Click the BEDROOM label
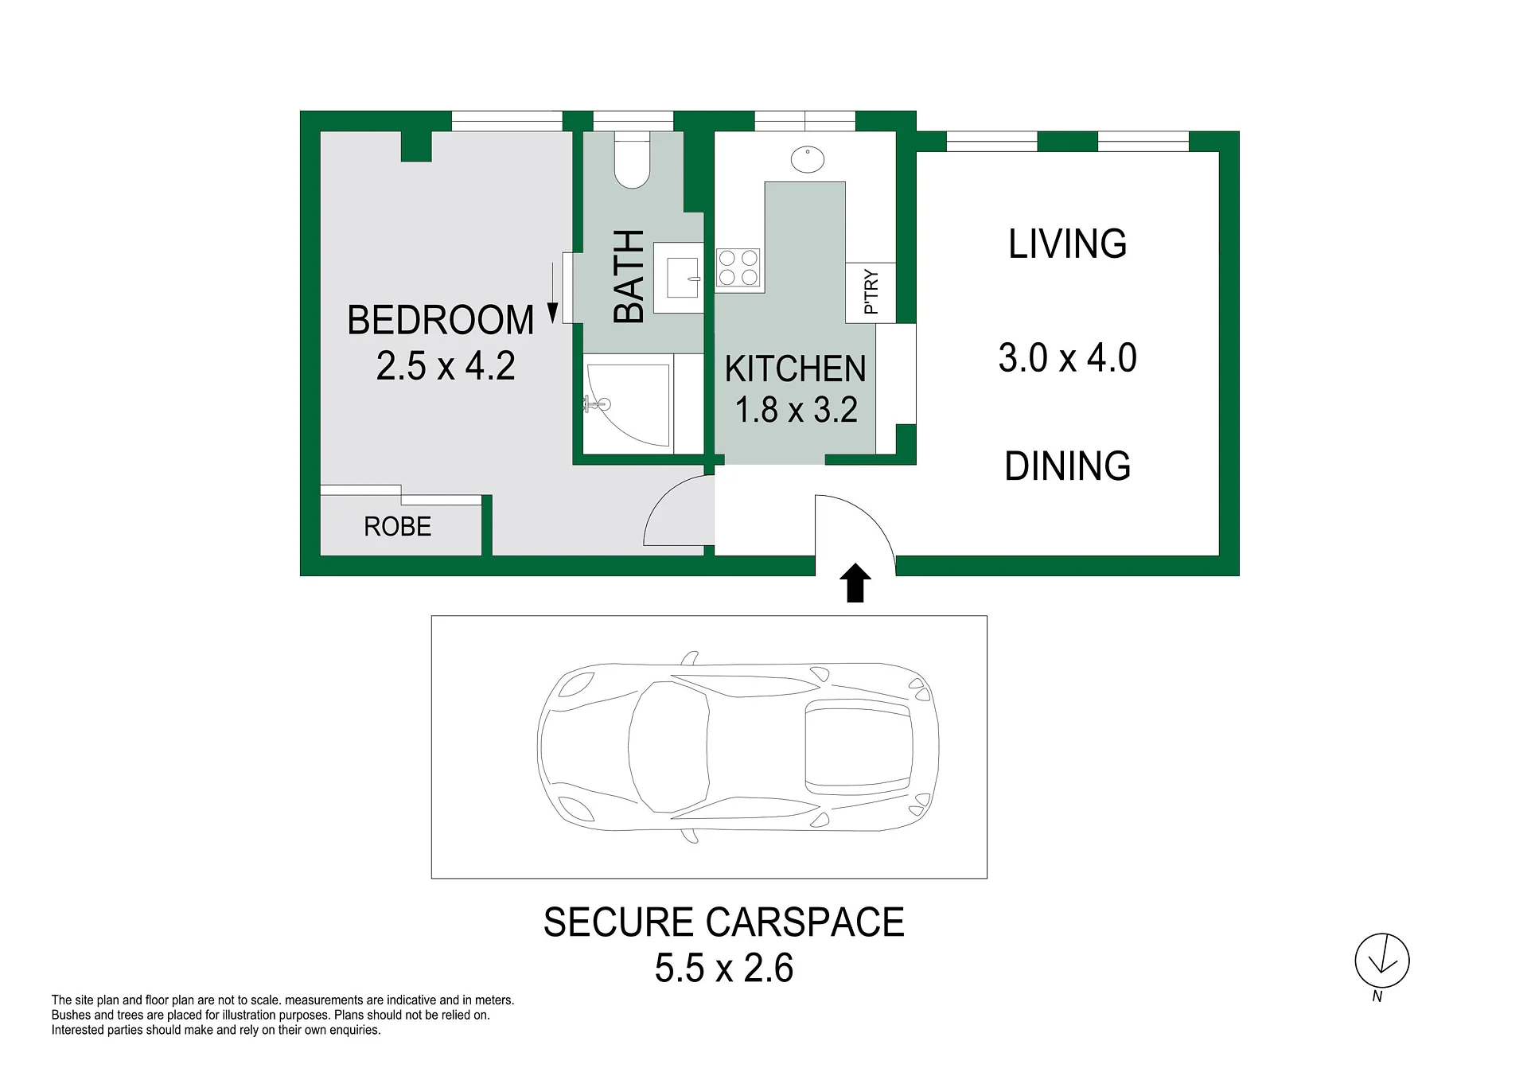tap(441, 321)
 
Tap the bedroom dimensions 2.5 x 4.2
tap(446, 366)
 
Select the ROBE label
tap(398, 526)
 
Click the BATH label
tap(629, 276)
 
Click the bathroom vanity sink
tap(679, 278)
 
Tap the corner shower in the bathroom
tap(628, 404)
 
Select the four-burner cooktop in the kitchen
tap(738, 267)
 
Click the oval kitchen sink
tap(808, 159)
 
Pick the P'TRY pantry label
tap(871, 292)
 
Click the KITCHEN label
tap(796, 369)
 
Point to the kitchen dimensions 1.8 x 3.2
tap(796, 410)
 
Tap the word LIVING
tap(1068, 244)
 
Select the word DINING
tap(1068, 466)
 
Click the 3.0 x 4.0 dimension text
tap(1068, 358)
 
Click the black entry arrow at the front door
tap(855, 583)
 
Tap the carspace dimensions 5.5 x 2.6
tap(724, 969)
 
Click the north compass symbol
tap(1382, 961)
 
